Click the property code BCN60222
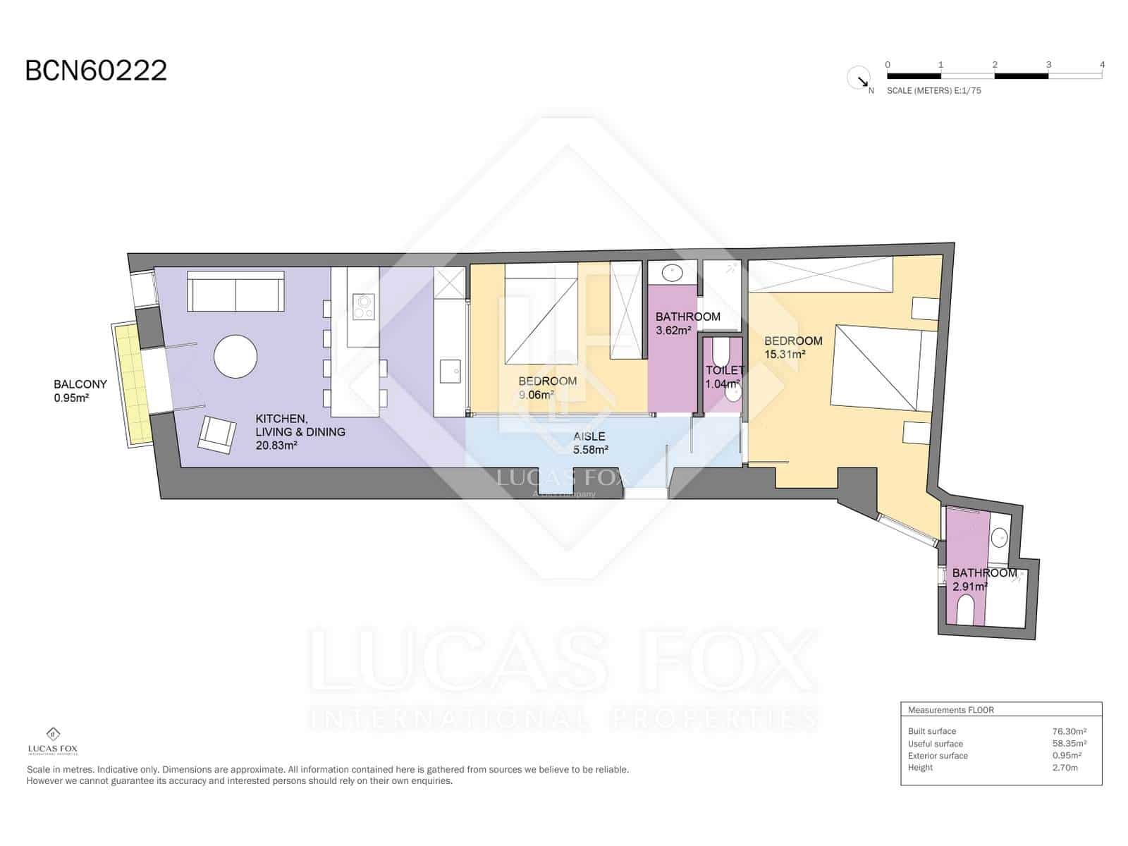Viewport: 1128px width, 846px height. (96, 70)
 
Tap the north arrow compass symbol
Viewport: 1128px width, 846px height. (859, 78)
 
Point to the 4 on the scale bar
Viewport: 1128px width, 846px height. (1102, 65)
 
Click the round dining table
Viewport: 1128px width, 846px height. (235, 356)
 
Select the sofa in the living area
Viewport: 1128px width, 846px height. (235, 290)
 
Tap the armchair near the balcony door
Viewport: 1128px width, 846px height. (216, 434)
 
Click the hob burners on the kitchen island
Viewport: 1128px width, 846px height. (363, 307)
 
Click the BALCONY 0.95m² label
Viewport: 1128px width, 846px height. (80, 391)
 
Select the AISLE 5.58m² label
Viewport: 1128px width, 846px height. (589, 443)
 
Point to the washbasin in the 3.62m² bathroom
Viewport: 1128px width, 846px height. (673, 271)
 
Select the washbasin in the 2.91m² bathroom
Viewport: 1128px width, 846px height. (999, 539)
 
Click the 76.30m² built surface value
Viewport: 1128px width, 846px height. (1069, 731)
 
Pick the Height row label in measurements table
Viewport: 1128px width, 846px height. (920, 767)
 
